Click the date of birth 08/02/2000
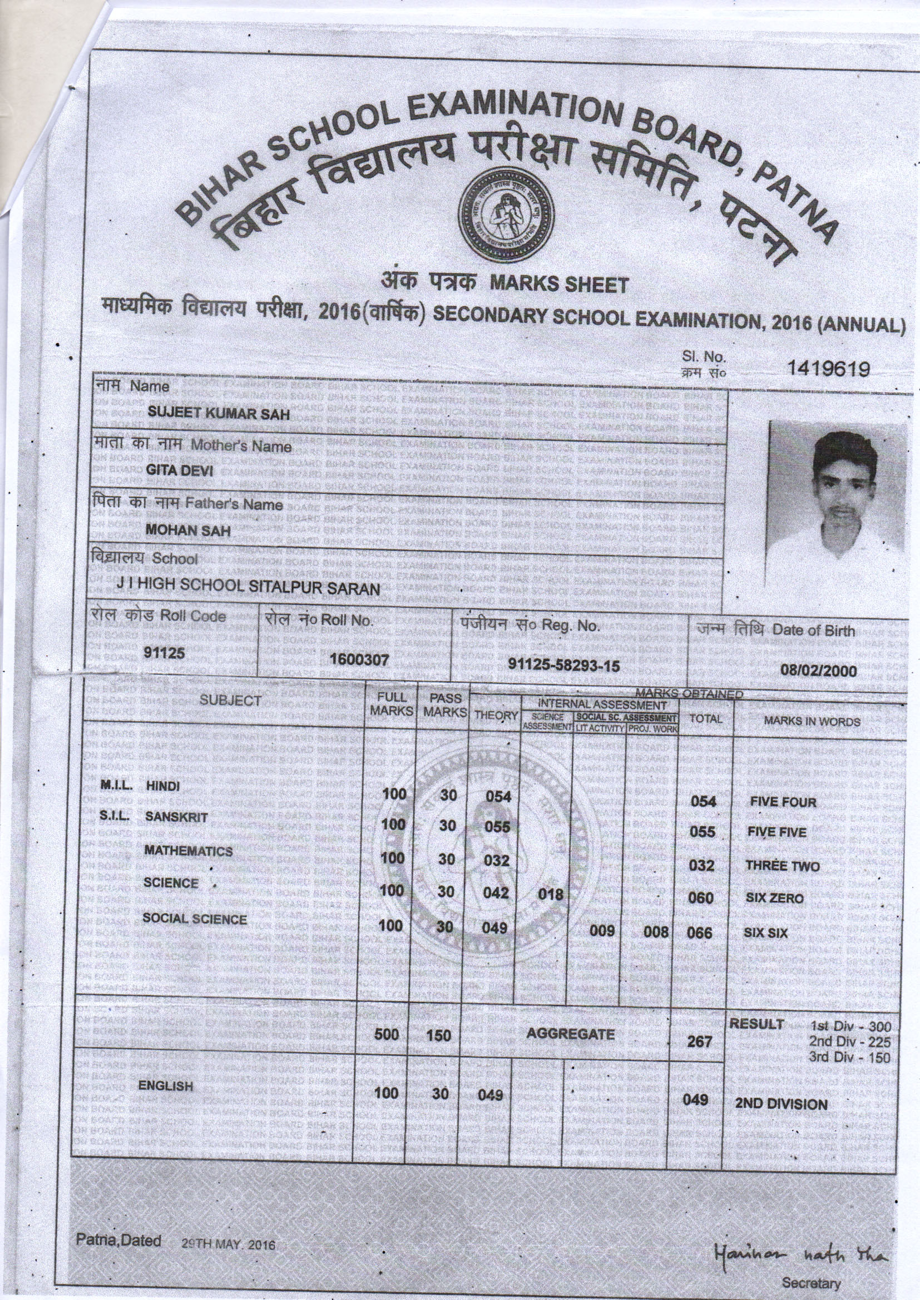coord(819,671)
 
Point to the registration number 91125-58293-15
coord(563,664)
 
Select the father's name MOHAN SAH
coord(188,530)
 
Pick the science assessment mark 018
coord(551,894)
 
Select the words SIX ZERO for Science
coord(774,899)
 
